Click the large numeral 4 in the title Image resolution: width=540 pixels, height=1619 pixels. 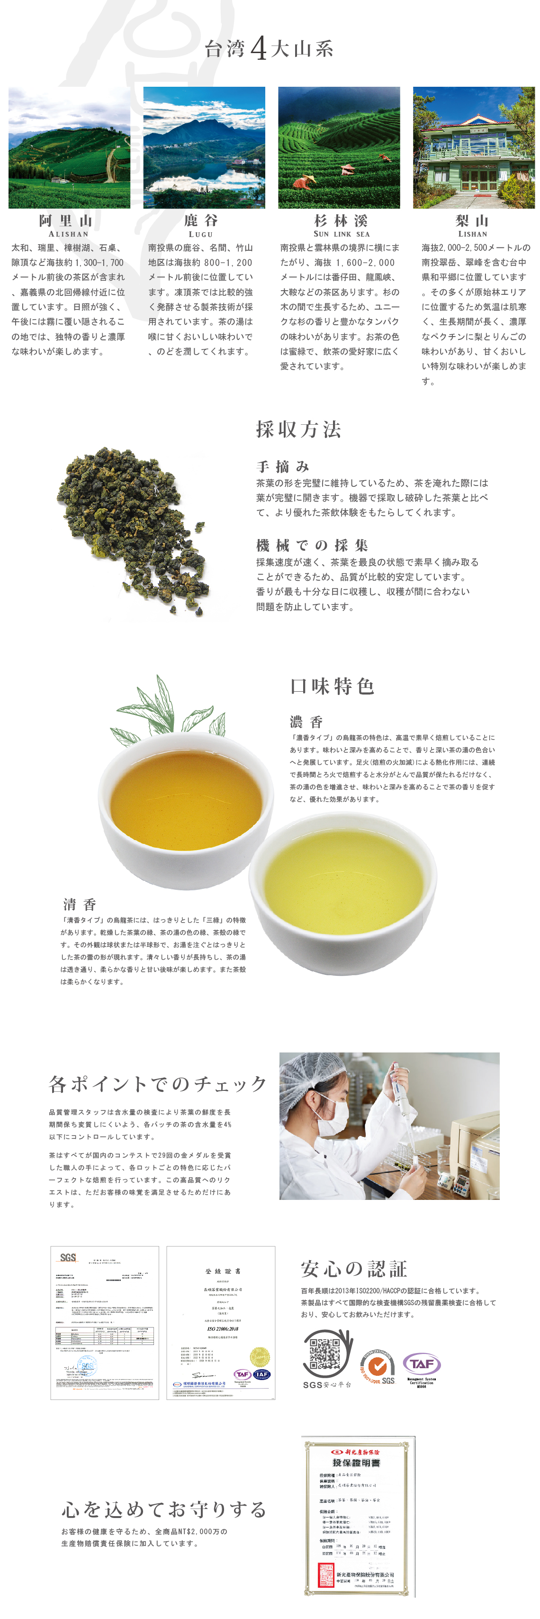[x=258, y=49]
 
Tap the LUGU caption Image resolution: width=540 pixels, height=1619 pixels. [x=200, y=234]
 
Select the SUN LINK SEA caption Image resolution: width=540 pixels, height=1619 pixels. [x=342, y=234]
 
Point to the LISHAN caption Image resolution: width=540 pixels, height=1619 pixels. [x=472, y=234]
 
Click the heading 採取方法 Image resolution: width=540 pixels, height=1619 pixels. [x=298, y=429]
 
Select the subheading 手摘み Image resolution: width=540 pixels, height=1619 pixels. [x=283, y=466]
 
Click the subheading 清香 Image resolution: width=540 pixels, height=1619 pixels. [x=80, y=905]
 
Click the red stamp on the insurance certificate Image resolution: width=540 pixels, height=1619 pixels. [x=326, y=1574]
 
